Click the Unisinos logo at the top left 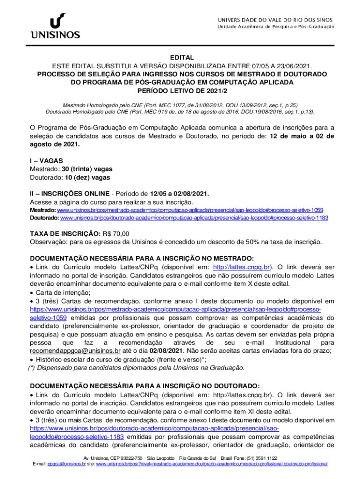tap(55, 26)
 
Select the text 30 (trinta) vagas tap(87, 169)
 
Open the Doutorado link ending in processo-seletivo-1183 tap(194, 218)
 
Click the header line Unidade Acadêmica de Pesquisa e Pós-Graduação tap(276, 27)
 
